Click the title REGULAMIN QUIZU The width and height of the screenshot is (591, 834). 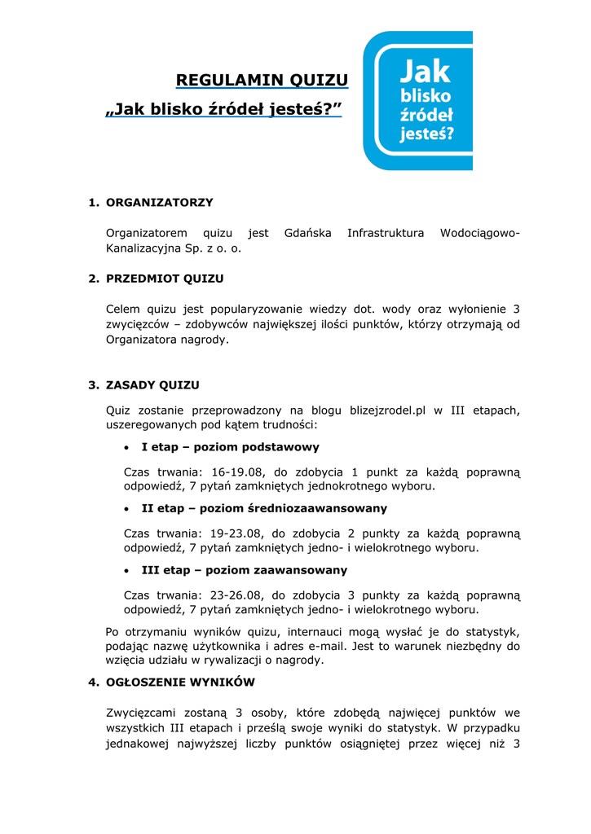click(262, 80)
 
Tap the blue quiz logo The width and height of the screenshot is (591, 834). click(417, 100)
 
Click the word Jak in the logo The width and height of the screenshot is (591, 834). click(424, 72)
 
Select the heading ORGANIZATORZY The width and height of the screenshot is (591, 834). click(160, 202)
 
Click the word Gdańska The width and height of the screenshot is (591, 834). click(307, 233)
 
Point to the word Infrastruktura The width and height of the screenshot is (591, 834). click(386, 233)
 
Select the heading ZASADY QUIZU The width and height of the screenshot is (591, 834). click(152, 385)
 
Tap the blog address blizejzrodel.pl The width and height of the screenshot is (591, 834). click(387, 410)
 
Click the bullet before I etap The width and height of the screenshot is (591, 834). click(126, 448)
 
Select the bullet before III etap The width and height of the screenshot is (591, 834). click(126, 570)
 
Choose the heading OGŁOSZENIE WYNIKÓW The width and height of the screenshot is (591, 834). click(180, 683)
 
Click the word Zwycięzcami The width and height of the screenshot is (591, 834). click(142, 713)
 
